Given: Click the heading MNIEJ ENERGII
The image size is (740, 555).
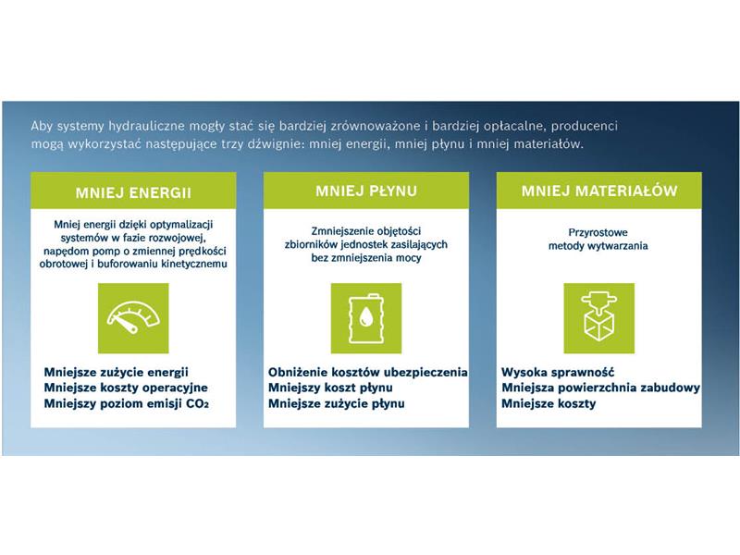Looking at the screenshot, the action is pyautogui.click(x=133, y=193).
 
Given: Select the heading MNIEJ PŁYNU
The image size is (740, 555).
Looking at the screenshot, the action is pyautogui.click(x=366, y=191).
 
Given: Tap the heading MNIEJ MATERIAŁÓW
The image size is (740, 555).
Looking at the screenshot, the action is pyautogui.click(x=599, y=191).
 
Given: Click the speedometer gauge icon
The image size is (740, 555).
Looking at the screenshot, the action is pyautogui.click(x=133, y=317).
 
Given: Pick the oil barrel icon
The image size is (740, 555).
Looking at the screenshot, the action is pyautogui.click(x=365, y=317).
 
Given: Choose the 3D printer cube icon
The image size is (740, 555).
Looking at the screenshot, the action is pyautogui.click(x=598, y=316).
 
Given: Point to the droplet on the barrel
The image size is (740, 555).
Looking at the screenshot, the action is pyautogui.click(x=364, y=317).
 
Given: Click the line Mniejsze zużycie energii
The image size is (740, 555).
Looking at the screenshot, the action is pyautogui.click(x=117, y=373).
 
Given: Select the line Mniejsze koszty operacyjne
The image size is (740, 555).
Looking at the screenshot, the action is pyautogui.click(x=126, y=388).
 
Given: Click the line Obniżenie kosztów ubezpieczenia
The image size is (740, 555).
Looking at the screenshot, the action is pyautogui.click(x=367, y=373).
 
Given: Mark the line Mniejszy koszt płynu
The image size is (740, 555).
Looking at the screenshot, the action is pyautogui.click(x=330, y=388).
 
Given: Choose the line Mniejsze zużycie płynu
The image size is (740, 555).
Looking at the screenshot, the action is pyautogui.click(x=337, y=404).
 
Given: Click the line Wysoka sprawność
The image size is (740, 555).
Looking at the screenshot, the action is pyautogui.click(x=558, y=373).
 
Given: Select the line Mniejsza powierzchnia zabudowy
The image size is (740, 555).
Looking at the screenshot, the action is pyautogui.click(x=600, y=388).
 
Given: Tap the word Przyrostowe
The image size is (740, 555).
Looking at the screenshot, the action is pyautogui.click(x=598, y=233).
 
